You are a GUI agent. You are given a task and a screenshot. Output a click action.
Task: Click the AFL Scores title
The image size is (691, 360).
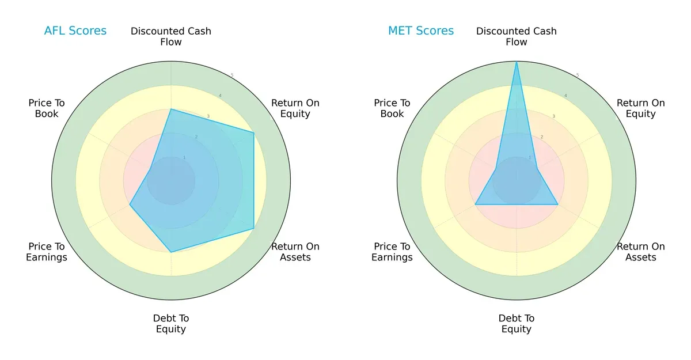pyautogui.click(x=75, y=31)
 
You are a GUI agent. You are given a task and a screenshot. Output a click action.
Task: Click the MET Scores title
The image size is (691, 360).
pyautogui.click(x=421, y=31)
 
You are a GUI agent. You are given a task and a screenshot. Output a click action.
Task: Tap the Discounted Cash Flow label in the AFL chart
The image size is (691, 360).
pyautogui.click(x=171, y=36)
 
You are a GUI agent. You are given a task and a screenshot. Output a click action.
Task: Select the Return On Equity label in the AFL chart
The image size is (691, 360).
pyautogui.click(x=295, y=108)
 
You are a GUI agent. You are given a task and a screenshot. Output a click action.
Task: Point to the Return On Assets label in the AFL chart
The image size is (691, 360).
pyautogui.click(x=295, y=252)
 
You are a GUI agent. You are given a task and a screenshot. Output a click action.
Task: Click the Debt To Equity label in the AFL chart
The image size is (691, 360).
pyautogui.click(x=171, y=324)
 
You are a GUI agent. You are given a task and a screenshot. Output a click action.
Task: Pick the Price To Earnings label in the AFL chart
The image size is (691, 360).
pyautogui.click(x=47, y=252)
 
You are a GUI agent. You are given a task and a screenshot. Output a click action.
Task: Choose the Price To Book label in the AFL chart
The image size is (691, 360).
pyautogui.click(x=47, y=108)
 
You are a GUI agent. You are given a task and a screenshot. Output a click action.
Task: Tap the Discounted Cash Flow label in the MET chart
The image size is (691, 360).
pyautogui.click(x=517, y=36)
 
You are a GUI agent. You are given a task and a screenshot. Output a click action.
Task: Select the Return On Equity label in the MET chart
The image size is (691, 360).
pyautogui.click(x=641, y=108)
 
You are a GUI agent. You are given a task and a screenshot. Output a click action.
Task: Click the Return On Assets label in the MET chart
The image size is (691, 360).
pyautogui.click(x=641, y=252)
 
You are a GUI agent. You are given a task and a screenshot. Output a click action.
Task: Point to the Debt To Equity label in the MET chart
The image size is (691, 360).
pyautogui.click(x=517, y=324)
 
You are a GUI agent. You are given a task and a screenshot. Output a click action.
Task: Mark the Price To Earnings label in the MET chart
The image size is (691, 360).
pyautogui.click(x=392, y=252)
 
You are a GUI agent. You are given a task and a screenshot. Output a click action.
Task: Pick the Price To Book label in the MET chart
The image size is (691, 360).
pyautogui.click(x=392, y=108)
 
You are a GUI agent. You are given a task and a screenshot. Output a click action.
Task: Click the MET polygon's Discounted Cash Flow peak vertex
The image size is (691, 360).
pyautogui.click(x=517, y=62)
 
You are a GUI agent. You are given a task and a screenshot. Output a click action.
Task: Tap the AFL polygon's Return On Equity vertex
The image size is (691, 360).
pyautogui.click(x=254, y=132)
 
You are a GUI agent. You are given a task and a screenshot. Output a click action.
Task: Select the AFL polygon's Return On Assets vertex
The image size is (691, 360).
pyautogui.click(x=254, y=229)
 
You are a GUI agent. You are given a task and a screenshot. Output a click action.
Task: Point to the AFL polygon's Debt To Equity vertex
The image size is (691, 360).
pyautogui.click(x=171, y=252)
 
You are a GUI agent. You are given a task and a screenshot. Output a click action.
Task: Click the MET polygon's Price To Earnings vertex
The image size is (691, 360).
pyautogui.click(x=475, y=204)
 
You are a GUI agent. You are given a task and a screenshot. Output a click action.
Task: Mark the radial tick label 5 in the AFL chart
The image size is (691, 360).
pyautogui.click(x=232, y=75)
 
